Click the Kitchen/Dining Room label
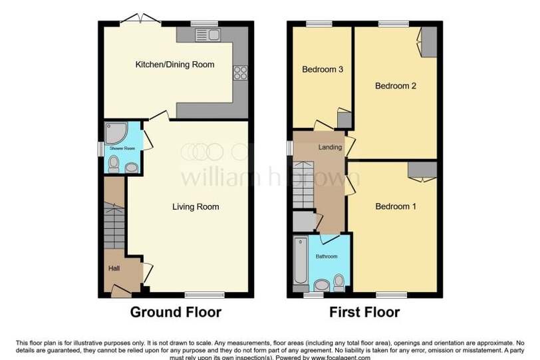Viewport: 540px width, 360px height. coord(175,65)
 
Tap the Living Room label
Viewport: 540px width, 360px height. coord(196,207)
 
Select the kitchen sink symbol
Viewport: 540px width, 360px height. coord(207,35)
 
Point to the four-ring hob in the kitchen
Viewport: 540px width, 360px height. coord(240,73)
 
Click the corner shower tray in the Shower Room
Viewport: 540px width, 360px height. coord(116,132)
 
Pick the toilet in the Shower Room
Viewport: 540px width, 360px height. coord(113,164)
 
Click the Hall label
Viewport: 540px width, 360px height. coord(114,268)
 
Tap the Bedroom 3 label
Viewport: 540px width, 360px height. coord(323,69)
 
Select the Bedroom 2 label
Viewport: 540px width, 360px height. coord(395,86)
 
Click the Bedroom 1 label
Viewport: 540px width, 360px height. coord(396,206)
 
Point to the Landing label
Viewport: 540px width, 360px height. coord(330,148)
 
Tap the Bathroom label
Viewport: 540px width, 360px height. coord(327,256)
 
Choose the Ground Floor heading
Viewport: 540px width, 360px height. coord(176,312)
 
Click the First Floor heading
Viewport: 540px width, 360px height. coord(364,312)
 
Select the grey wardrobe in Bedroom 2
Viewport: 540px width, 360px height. coord(429,42)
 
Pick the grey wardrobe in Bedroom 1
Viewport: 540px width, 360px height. coord(422,170)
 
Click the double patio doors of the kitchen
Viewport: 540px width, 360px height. coord(140,19)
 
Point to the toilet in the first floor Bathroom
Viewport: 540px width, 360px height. coord(339,283)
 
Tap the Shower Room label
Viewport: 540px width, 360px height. coord(122,148)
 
